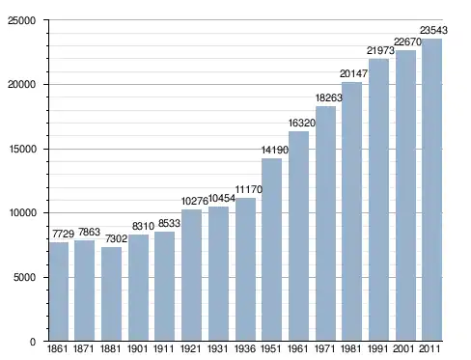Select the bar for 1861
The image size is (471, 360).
tap(59, 291)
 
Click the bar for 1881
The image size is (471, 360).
tap(111, 293)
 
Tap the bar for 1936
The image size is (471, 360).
tap(246, 269)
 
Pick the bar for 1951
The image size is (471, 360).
tap(272, 250)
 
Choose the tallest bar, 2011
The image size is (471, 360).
tap(432, 190)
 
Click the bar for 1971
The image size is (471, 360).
tap(325, 223)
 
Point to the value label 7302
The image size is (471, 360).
tap(117, 239)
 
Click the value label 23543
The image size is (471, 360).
tap(433, 30)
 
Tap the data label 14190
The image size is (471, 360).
tap(275, 150)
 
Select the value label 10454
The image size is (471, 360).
tap(222, 199)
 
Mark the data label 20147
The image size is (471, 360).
tap(353, 73)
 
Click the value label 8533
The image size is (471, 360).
tap(169, 223)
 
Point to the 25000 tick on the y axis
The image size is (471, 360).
tap(21, 20)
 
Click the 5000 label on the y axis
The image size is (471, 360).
tap(24, 277)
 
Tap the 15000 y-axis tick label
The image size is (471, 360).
tap(21, 149)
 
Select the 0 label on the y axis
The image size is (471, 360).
tap(33, 342)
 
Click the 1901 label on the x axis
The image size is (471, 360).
tap(137, 348)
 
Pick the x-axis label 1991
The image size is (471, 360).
tap(378, 348)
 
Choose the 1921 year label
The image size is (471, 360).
tap(191, 348)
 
